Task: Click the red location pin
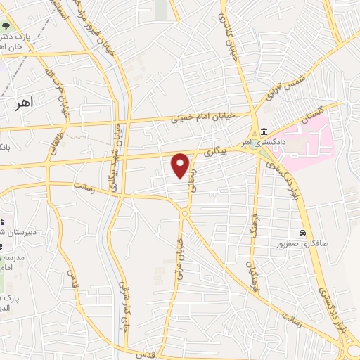click(181, 165)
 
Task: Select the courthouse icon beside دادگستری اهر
click(264, 131)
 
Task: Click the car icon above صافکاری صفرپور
click(302, 232)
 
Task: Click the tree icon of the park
click(6, 27)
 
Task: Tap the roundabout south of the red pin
click(184, 213)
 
